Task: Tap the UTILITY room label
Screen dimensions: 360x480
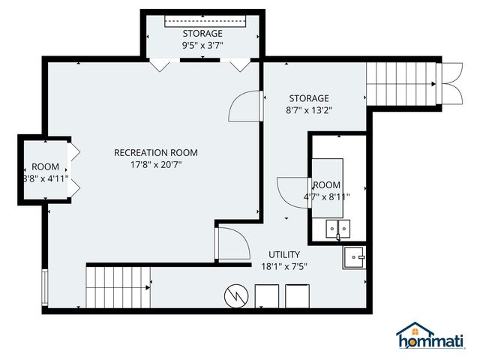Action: click(x=284, y=255)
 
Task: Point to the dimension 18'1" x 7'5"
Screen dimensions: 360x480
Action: click(x=284, y=266)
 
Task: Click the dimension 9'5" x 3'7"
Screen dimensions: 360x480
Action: click(x=202, y=45)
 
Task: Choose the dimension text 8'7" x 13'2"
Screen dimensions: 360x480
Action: click(x=308, y=109)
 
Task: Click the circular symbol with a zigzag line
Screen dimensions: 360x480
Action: click(x=235, y=295)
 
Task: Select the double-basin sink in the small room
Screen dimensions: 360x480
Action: click(x=338, y=228)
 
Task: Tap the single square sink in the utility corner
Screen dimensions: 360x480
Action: click(x=353, y=259)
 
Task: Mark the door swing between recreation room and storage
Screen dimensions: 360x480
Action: click(x=244, y=106)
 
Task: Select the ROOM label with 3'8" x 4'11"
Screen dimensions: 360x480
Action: click(x=45, y=166)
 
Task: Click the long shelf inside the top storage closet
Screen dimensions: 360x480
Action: click(x=202, y=22)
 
